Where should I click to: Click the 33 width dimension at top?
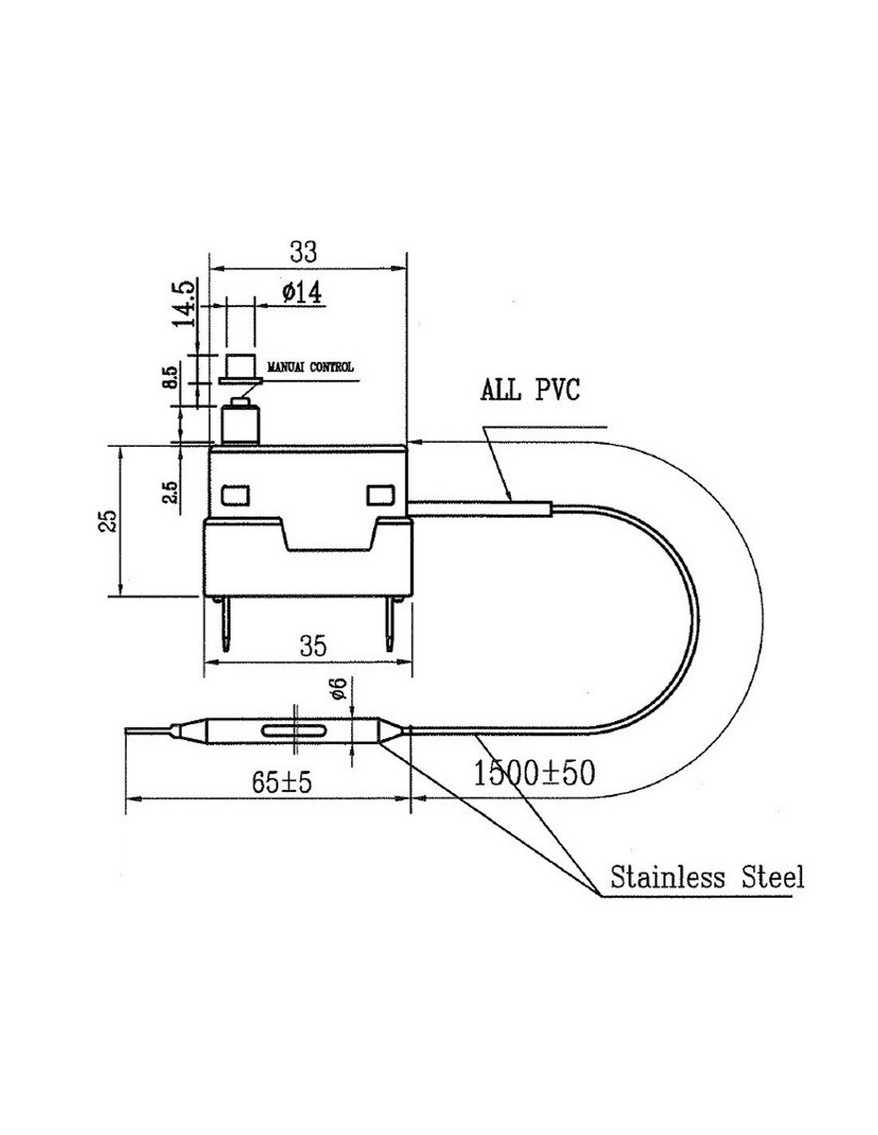[303, 251]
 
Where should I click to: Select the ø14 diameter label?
[302, 293]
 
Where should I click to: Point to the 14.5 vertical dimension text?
[184, 303]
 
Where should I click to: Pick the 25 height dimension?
[111, 521]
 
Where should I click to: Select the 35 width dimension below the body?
[313, 645]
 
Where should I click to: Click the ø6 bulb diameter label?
[339, 689]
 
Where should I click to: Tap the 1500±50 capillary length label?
[534, 773]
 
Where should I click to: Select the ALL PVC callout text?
[530, 390]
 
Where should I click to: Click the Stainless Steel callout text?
[706, 877]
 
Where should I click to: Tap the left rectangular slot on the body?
[235, 496]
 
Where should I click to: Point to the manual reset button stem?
[240, 424]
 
